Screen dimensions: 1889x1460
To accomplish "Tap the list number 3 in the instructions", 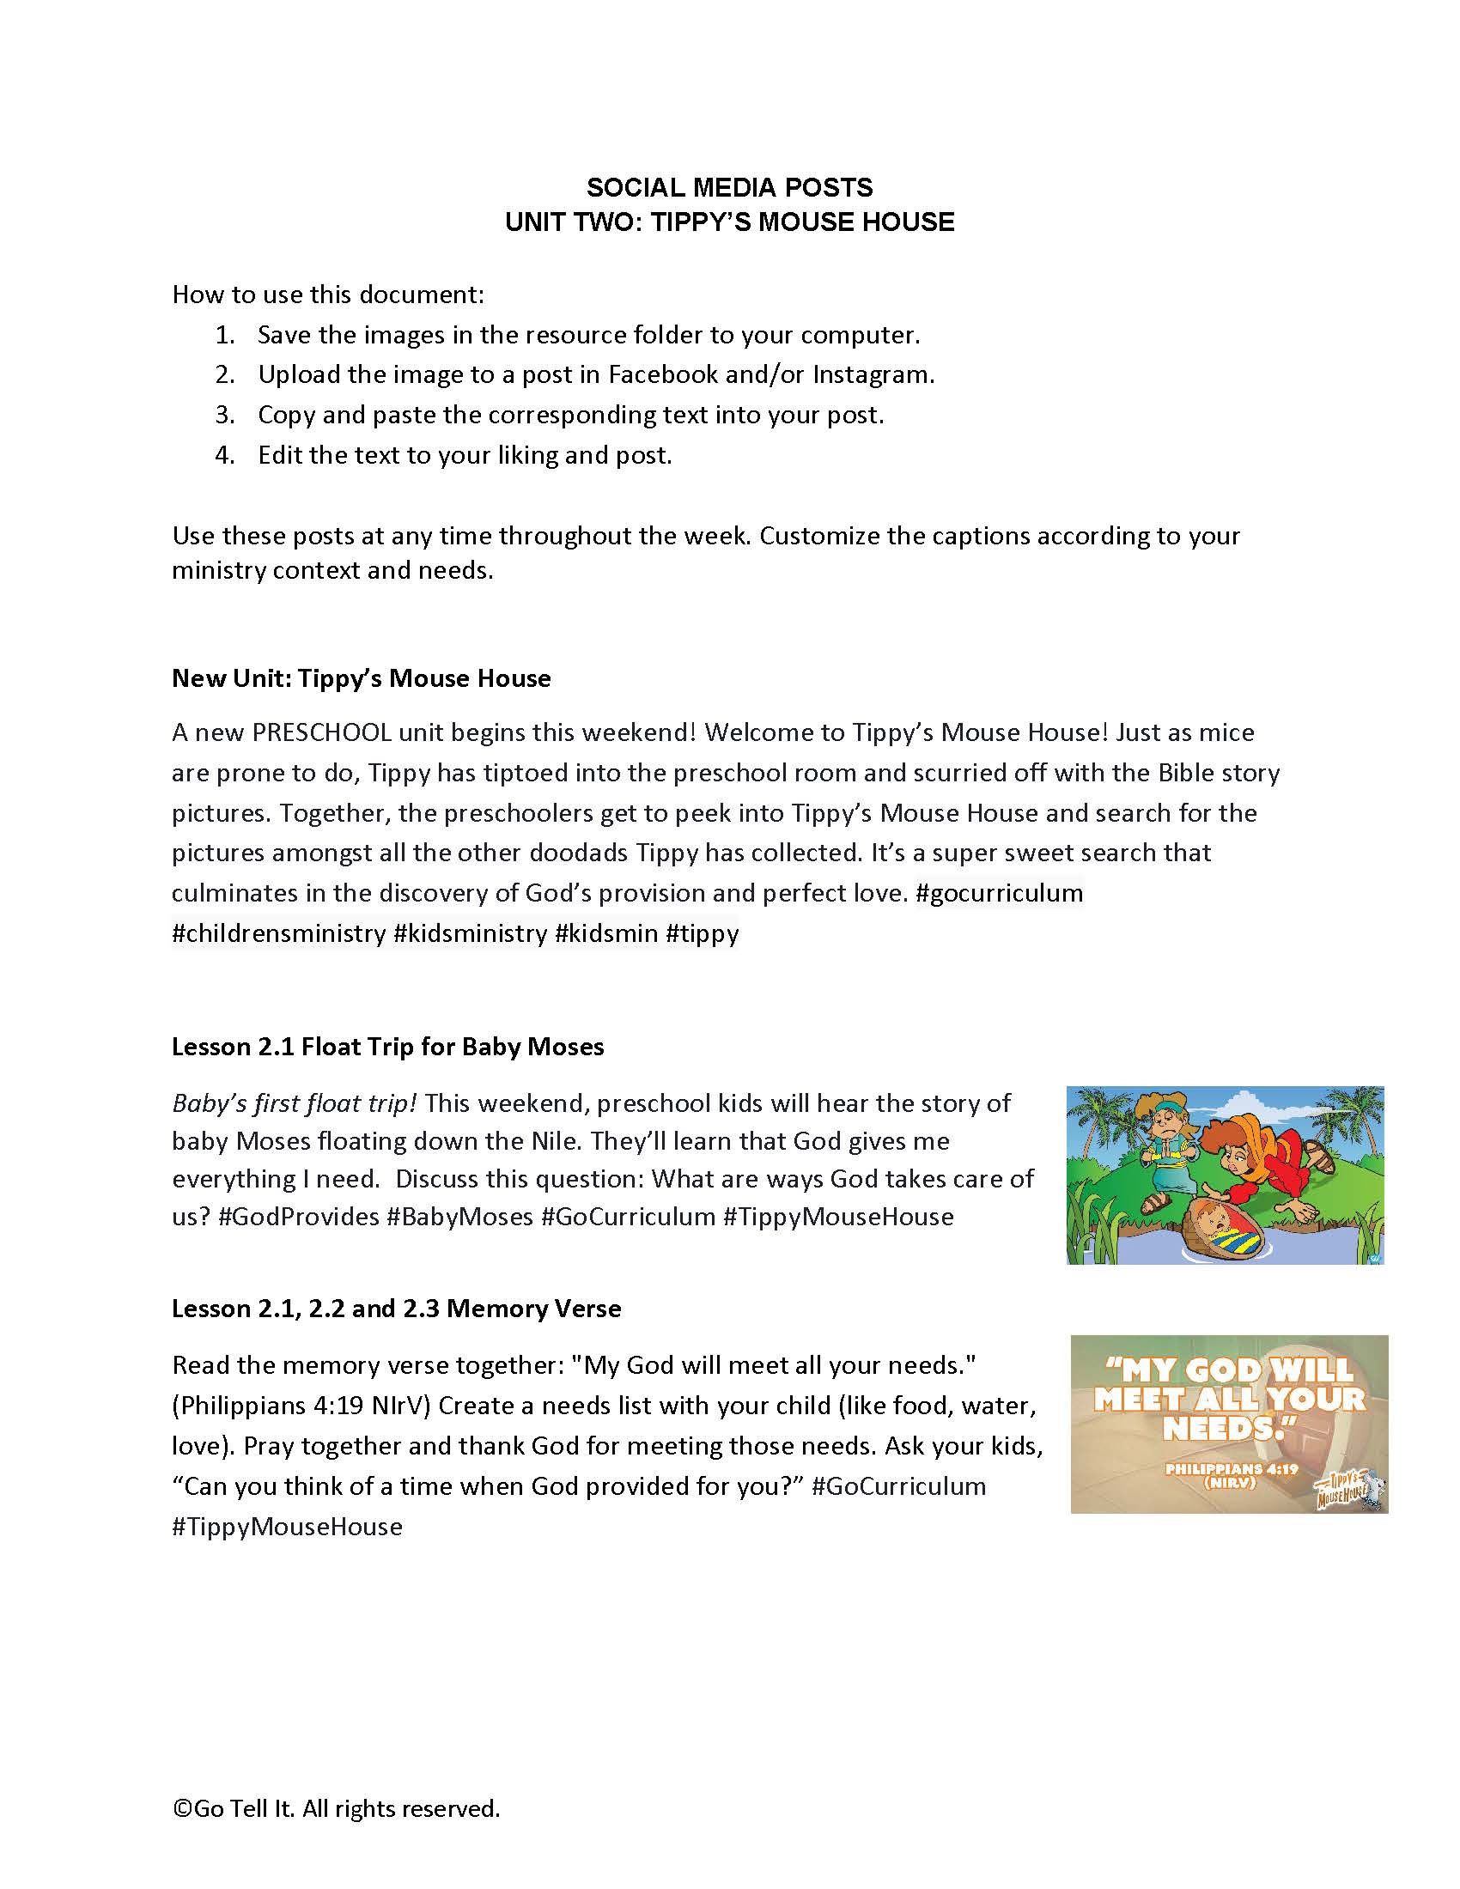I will [x=225, y=415].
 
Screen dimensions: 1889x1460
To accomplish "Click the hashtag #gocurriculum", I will [x=999, y=893].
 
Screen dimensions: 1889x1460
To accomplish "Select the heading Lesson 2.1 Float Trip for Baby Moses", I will [x=387, y=1047].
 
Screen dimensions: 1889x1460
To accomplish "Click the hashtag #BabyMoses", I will [x=459, y=1216].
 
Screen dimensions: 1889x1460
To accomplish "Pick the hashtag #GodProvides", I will [x=298, y=1216].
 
